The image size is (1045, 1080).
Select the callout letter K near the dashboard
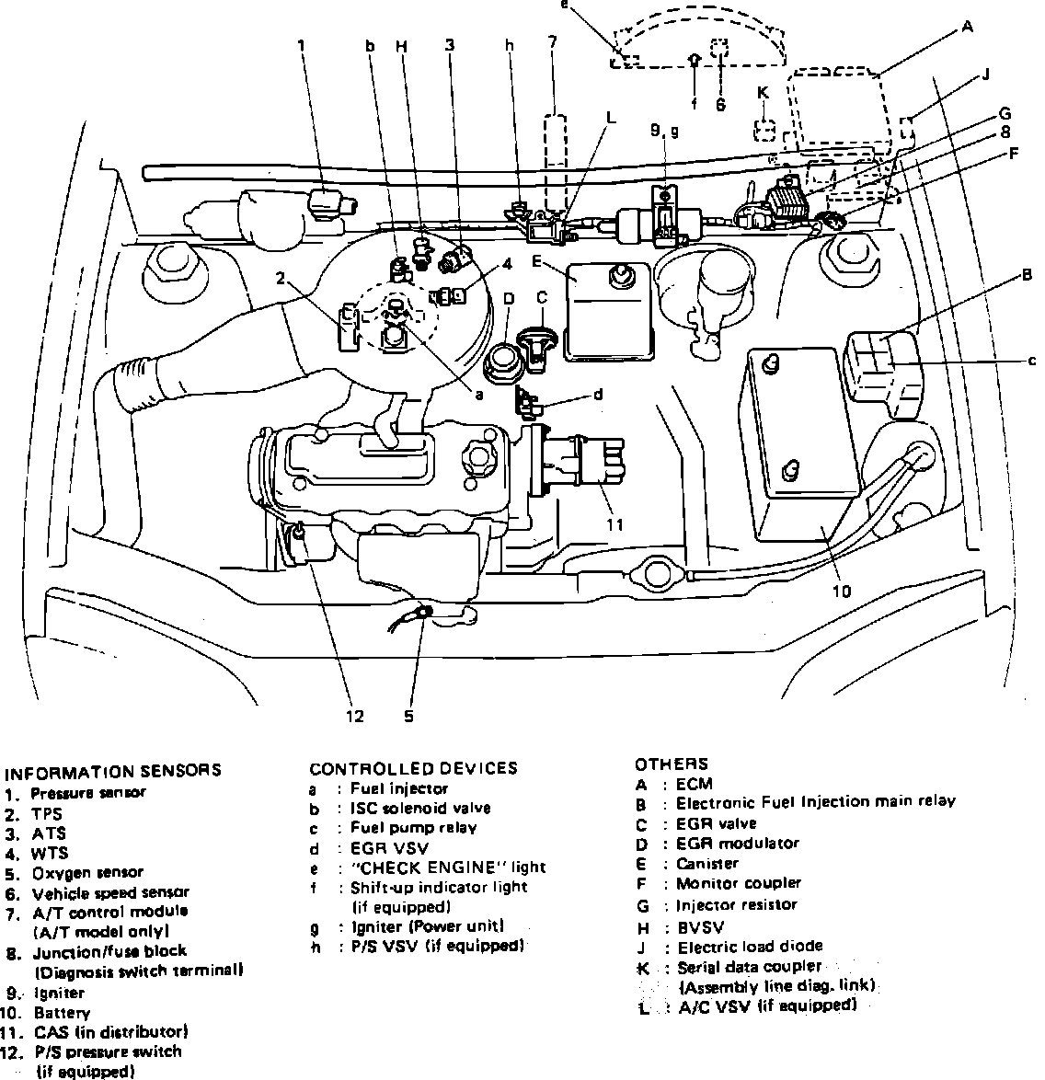pos(762,92)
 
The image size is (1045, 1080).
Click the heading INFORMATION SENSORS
pos(112,771)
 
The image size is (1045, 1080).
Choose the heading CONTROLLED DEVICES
pos(413,768)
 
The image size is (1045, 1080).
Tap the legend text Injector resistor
pos(737,904)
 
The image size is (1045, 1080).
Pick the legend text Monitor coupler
pos(738,884)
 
